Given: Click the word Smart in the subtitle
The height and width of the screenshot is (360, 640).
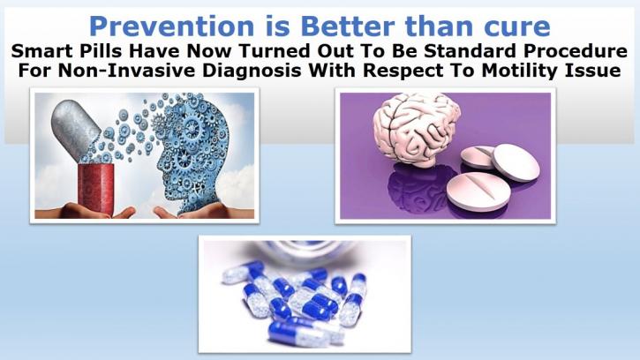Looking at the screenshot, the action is point(37,51).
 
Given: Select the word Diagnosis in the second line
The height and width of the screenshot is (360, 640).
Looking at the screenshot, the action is point(252,71).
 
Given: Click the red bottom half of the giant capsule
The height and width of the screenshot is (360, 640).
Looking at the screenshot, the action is point(95,189).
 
